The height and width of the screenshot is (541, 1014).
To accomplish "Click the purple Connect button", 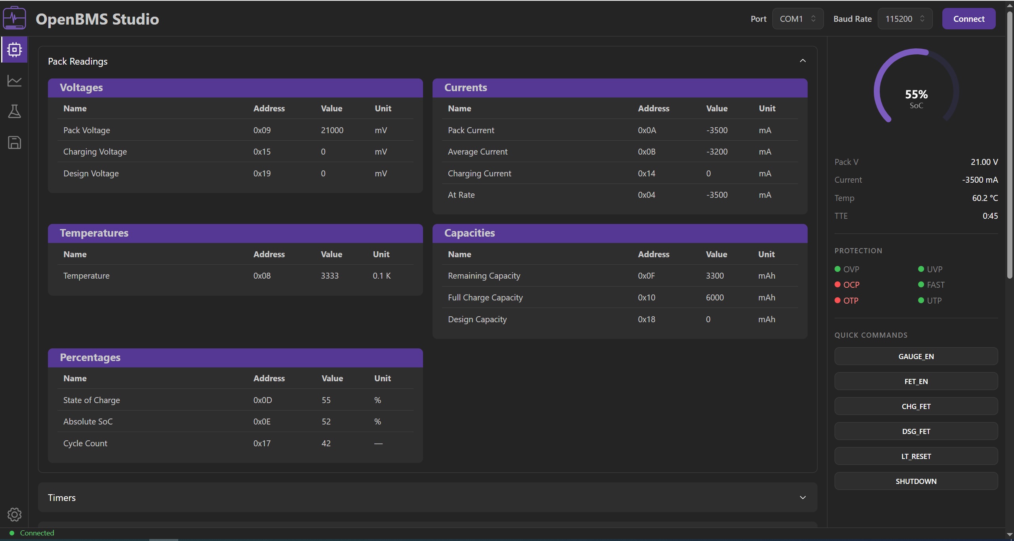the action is click(x=968, y=19).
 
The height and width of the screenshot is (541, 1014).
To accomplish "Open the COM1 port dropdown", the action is click(x=797, y=19).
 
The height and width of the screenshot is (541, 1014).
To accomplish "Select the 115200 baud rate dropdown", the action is click(x=905, y=19).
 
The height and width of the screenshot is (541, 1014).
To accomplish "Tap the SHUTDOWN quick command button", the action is click(x=916, y=481).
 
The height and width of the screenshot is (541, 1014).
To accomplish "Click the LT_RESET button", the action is click(x=916, y=456).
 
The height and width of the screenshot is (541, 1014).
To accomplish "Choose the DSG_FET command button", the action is click(x=916, y=431).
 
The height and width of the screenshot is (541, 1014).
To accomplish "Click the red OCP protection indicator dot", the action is click(x=837, y=285).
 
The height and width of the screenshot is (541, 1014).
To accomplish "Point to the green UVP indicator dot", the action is click(x=921, y=269).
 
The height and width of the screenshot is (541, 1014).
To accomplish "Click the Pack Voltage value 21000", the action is click(x=332, y=130).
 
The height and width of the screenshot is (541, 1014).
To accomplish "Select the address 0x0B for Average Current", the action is click(x=646, y=151).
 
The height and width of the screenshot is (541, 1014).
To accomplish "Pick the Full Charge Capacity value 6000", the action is click(x=715, y=297).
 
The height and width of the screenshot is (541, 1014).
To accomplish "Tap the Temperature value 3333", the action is click(x=330, y=275).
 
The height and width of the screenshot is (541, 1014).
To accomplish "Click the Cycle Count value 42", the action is click(x=326, y=443).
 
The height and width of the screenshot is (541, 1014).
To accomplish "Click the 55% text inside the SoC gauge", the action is click(x=916, y=94).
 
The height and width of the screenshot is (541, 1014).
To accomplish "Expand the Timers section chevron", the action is click(x=802, y=497).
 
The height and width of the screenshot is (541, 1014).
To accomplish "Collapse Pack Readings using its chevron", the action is click(x=802, y=61).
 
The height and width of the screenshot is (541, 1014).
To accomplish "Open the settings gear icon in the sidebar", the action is click(x=14, y=514).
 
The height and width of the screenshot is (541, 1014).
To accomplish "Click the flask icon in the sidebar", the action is click(x=14, y=111).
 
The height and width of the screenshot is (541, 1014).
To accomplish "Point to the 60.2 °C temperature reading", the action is click(x=985, y=198).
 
